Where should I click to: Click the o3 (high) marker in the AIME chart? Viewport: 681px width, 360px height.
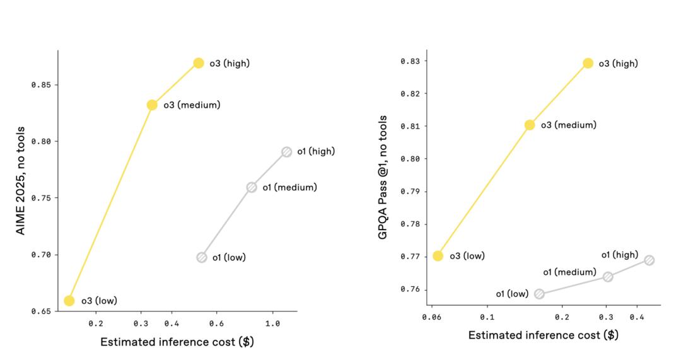(x=199, y=63)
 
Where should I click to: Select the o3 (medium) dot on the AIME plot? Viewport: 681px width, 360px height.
(x=152, y=105)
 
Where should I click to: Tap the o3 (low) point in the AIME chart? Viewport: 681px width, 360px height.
(x=69, y=301)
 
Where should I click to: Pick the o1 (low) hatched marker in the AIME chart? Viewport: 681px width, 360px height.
(x=202, y=257)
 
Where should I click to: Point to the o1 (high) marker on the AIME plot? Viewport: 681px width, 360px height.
(x=287, y=152)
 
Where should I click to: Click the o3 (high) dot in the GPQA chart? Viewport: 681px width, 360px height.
(x=588, y=63)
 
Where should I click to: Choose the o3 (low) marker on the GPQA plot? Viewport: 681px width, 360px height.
(x=438, y=256)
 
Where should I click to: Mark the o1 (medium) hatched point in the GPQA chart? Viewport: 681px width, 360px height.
(x=608, y=277)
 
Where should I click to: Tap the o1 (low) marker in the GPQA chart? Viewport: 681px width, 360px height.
(x=539, y=294)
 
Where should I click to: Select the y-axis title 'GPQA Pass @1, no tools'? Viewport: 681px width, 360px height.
(x=383, y=177)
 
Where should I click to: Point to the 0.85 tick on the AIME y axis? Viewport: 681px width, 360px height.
(x=41, y=85)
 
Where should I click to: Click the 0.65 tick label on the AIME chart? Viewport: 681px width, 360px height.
(x=41, y=311)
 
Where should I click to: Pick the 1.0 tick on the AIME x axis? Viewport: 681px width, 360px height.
(x=272, y=323)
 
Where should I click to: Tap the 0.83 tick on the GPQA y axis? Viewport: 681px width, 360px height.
(x=410, y=61)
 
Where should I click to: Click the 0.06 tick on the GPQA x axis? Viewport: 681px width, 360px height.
(x=431, y=317)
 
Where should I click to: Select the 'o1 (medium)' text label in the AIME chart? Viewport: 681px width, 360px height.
(x=289, y=187)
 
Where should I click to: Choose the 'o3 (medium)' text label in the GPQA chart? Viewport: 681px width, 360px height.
(x=568, y=125)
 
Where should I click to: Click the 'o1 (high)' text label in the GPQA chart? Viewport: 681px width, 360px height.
(x=619, y=255)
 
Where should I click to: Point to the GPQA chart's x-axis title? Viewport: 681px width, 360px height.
(x=543, y=335)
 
